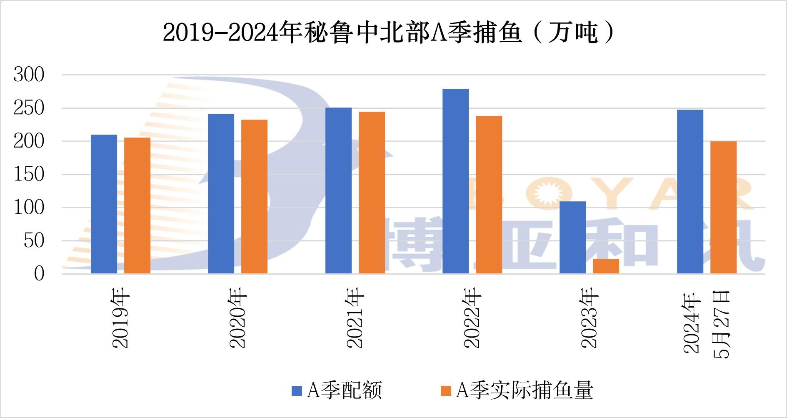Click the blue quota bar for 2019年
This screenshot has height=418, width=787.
click(x=104, y=204)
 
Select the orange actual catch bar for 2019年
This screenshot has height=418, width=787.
click(x=137, y=205)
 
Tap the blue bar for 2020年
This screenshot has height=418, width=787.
click(x=221, y=194)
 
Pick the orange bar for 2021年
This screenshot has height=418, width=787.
click(x=372, y=193)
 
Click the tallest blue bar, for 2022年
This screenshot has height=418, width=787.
click(x=455, y=181)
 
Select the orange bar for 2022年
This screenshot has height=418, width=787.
click(x=489, y=195)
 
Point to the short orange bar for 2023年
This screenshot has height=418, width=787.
click(x=606, y=266)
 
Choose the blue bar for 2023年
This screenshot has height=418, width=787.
click(x=572, y=238)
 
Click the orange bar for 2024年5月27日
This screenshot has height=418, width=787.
click(x=723, y=208)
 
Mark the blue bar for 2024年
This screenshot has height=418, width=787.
click(x=690, y=192)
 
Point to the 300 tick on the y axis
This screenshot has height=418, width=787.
click(x=29, y=75)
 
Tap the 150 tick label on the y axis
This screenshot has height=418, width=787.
click(x=29, y=175)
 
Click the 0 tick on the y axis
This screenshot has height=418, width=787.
click(x=39, y=274)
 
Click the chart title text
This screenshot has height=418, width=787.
click(x=388, y=33)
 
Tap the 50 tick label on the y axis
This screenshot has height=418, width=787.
click(x=34, y=240)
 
